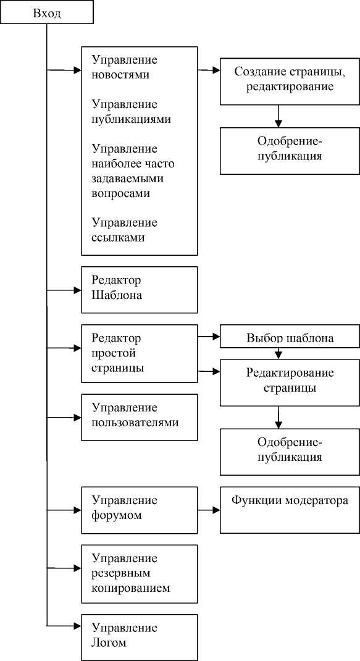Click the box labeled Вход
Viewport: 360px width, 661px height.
point(46,12)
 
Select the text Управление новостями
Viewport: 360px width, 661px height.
point(124,67)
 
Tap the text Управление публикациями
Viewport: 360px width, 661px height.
point(131,112)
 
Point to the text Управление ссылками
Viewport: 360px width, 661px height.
point(124,230)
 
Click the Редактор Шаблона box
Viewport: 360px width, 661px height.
point(139,290)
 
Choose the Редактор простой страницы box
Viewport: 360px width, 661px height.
point(139,353)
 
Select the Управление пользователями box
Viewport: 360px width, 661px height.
point(139,418)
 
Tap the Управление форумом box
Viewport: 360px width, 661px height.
point(139,510)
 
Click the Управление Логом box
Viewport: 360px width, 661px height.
point(139,638)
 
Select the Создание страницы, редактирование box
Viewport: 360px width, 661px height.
point(290,81)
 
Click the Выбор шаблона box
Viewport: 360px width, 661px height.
point(290,336)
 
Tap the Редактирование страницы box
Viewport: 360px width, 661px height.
point(290,382)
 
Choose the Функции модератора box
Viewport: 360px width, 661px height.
point(290,510)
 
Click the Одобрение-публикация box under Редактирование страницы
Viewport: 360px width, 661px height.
point(290,452)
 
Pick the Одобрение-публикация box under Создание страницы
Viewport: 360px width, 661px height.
point(290,151)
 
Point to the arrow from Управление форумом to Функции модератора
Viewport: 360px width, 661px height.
point(209,510)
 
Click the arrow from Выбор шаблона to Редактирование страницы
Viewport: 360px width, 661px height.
point(278,353)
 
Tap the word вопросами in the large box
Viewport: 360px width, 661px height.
point(120,193)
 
